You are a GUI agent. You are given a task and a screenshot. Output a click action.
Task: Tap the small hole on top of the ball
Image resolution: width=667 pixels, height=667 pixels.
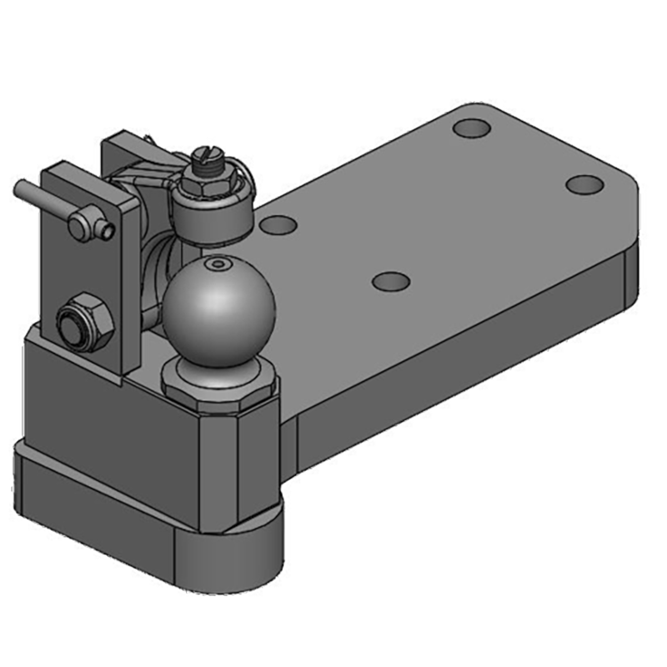(218, 264)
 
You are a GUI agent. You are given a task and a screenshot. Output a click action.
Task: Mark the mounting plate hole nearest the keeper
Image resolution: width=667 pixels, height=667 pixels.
(278, 225)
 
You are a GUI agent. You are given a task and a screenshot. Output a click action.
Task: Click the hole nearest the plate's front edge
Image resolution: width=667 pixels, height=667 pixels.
(389, 281)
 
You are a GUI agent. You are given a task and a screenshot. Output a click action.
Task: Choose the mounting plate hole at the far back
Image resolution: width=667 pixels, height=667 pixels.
(472, 129)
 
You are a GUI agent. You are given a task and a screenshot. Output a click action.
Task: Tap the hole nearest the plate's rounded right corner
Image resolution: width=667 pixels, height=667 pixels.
(583, 184)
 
